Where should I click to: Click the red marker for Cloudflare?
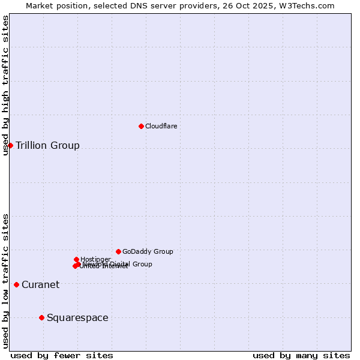pyautogui.click(x=141, y=126)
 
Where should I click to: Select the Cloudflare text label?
pyautogui.click(x=161, y=126)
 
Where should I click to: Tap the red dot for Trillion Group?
pyautogui.click(x=10, y=145)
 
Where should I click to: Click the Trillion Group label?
pyautogui.click(x=47, y=146)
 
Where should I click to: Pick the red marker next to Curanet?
pyautogui.click(x=16, y=284)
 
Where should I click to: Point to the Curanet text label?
pyautogui.click(x=40, y=285)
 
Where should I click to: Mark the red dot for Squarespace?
pyautogui.click(x=41, y=317)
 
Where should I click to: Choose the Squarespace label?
pyautogui.click(x=77, y=318)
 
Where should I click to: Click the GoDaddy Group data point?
pyautogui.click(x=118, y=251)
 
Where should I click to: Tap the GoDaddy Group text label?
pyautogui.click(x=148, y=252)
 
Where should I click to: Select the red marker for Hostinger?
pyautogui.click(x=76, y=259)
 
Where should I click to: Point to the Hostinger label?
pyautogui.click(x=95, y=259)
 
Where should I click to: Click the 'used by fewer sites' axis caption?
pyautogui.click(x=62, y=355)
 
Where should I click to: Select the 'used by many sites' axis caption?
pyautogui.click(x=301, y=355)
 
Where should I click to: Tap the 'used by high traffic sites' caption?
pyautogui.click(x=5, y=85)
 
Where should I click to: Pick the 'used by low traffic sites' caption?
pyautogui.click(x=5, y=280)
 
